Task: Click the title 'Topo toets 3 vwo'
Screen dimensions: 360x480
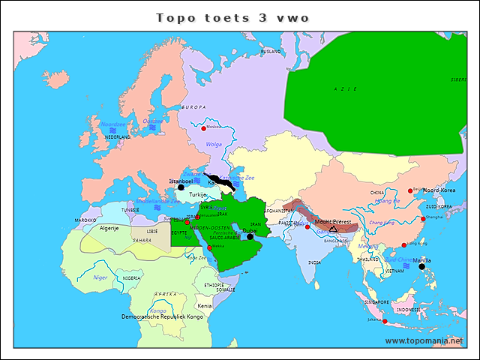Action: (232, 17)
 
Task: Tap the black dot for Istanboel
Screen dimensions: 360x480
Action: (181, 187)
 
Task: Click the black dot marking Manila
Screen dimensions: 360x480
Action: (421, 266)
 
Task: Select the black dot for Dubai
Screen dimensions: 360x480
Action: (250, 236)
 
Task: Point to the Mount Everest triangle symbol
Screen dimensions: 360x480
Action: (333, 228)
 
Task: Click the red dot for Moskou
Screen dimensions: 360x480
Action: (202, 127)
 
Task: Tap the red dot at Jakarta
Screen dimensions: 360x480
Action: (385, 321)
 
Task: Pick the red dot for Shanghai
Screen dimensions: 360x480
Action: (421, 219)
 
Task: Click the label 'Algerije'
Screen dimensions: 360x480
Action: (110, 227)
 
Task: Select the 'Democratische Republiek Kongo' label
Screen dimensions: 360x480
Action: (162, 317)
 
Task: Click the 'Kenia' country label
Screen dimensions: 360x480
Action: (204, 306)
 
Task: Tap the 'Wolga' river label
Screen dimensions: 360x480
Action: (214, 144)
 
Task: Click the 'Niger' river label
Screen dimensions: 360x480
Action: (100, 277)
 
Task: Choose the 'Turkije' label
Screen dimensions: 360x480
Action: (197, 194)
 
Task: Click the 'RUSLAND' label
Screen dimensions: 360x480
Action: (270, 52)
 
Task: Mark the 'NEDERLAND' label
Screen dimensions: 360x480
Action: (117, 137)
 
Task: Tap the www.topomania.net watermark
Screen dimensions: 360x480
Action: (424, 340)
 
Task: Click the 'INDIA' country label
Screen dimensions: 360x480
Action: (314, 262)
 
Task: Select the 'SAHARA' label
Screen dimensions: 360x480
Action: (142, 241)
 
